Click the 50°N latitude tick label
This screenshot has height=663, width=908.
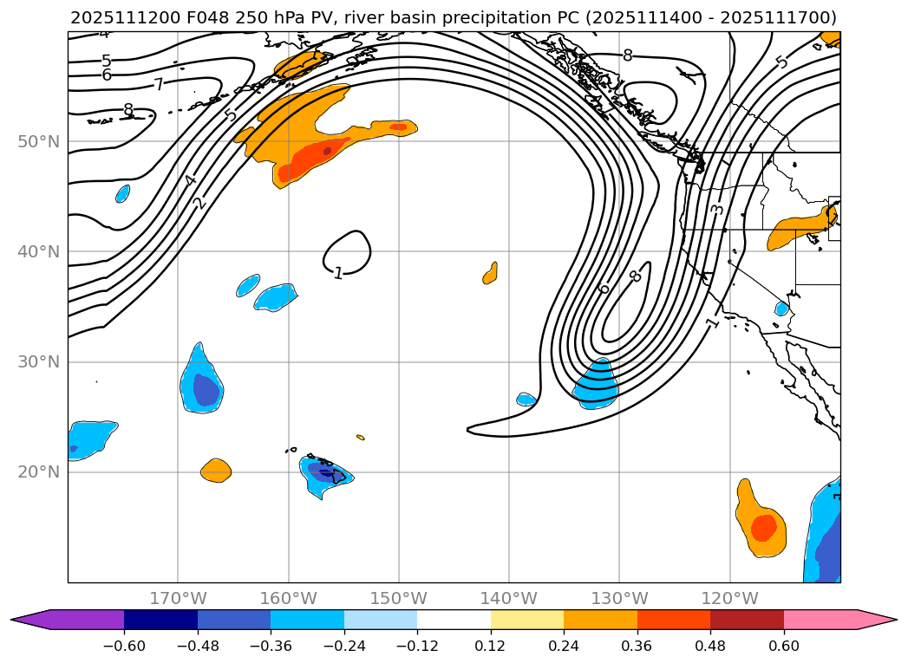pos(38,142)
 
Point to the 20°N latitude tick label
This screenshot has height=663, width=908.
pos(38,472)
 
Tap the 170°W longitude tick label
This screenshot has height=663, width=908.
pos(178,599)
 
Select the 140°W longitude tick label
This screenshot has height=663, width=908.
pos(509,599)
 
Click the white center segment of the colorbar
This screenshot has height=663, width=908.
pos(454,620)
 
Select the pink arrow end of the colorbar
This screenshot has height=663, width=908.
pos(877,620)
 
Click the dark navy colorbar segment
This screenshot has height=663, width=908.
pos(160,620)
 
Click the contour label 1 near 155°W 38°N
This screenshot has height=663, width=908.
pos(338,273)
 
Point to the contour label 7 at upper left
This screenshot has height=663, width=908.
pos(158,85)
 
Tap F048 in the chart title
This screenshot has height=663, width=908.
pos(206,17)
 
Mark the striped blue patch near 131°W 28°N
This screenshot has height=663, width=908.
pos(597,384)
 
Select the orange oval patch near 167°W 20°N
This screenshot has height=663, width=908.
pos(216,471)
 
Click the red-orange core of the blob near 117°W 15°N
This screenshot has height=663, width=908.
pos(763,527)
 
